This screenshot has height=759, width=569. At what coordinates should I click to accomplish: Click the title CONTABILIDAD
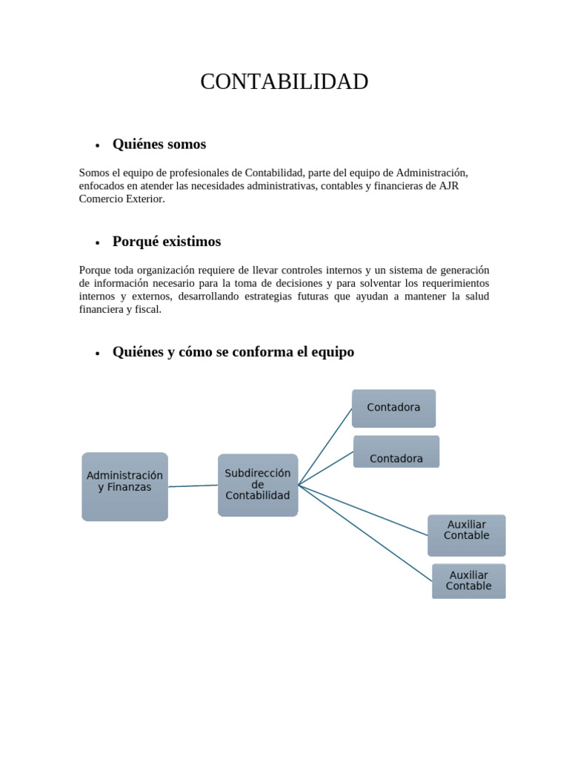pos(284,82)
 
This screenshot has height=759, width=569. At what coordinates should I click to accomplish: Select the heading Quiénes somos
pos(159,144)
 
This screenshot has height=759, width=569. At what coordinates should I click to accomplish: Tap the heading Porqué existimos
pos(166,242)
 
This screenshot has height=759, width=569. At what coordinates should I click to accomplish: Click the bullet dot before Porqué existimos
pos(97,243)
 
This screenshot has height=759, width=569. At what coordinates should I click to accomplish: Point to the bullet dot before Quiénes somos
pos(97,145)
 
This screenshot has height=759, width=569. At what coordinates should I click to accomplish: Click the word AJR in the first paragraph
pos(449,186)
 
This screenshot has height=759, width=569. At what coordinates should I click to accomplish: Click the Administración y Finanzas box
pos(124,486)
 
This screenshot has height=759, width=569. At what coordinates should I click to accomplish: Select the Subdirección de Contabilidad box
pos(258,485)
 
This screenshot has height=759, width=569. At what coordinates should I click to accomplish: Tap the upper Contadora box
pos(393,408)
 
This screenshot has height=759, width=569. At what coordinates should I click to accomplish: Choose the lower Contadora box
pos(396,452)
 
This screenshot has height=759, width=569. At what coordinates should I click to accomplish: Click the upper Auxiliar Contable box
pos(467,534)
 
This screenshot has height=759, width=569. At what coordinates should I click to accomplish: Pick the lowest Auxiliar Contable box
pos(468,580)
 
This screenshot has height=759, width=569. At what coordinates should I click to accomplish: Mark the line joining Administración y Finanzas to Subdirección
pos(193,486)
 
